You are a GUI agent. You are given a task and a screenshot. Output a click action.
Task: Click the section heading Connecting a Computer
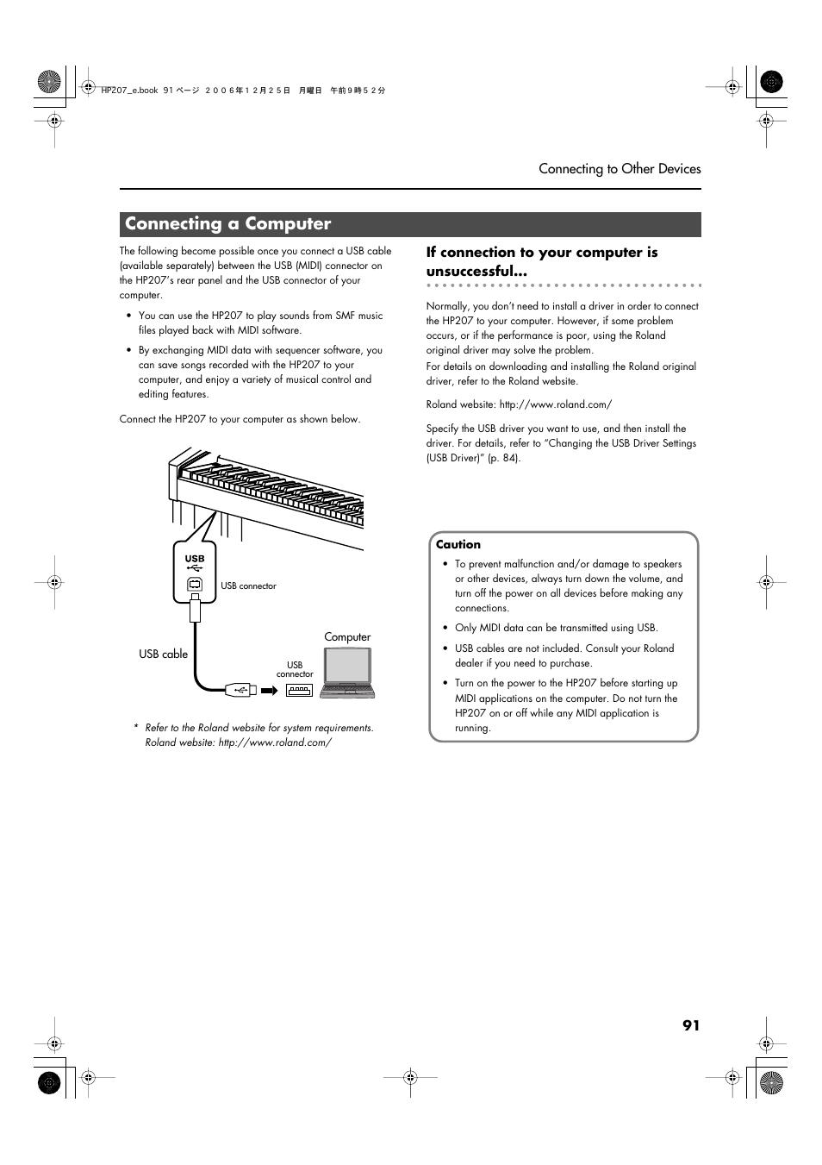tap(227, 224)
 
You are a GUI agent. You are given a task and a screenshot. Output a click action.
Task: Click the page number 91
tap(691, 1025)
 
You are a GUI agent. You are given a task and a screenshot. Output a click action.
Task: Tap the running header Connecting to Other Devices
tap(620, 169)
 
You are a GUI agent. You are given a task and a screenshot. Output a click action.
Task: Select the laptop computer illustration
tap(347, 672)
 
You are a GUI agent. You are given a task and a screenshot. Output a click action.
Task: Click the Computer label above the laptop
tap(347, 637)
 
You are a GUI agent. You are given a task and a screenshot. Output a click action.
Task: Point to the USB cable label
tap(163, 655)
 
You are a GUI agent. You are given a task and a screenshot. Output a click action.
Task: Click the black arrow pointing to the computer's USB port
tap(270, 690)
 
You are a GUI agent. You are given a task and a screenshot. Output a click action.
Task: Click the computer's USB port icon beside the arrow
tap(299, 690)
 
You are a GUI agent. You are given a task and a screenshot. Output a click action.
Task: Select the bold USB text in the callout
tap(195, 558)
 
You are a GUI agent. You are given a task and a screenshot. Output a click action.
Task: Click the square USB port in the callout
tap(195, 585)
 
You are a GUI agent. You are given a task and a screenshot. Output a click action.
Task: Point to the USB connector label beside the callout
tap(248, 586)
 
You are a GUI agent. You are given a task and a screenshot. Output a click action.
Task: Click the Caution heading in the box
tap(458, 545)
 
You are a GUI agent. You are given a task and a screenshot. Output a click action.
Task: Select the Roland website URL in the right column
tap(555, 404)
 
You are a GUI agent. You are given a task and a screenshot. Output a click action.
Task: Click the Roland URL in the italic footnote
tap(275, 742)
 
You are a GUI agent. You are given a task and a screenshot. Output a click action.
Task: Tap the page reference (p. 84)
tap(504, 458)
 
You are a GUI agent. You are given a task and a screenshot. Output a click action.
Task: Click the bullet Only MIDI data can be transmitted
tap(556, 628)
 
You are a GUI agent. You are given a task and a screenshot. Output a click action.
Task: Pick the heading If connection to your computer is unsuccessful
tap(541, 261)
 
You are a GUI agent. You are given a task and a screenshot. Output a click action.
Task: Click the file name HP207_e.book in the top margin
tap(129, 91)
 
